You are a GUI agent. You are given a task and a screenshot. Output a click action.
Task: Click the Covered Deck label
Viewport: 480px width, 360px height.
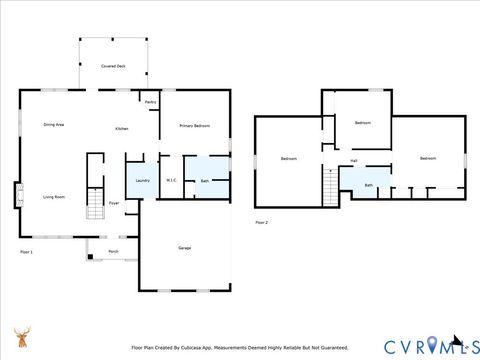coord(113,65)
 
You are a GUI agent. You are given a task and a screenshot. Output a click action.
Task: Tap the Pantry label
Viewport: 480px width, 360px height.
coord(150,102)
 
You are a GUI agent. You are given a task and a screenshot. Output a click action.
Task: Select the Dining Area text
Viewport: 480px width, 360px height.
coord(54,125)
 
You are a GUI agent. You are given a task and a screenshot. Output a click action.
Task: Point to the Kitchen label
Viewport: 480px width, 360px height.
coord(121,129)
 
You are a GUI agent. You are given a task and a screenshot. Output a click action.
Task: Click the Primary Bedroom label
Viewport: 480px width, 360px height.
coord(194,126)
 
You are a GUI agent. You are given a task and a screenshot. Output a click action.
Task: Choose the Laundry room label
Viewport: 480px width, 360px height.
coord(142,180)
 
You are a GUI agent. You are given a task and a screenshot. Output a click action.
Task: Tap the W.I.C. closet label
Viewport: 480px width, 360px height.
coord(171,181)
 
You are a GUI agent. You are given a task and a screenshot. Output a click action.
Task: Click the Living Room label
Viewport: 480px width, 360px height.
coord(54,197)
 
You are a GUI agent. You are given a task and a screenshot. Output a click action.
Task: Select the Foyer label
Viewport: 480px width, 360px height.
coord(115,203)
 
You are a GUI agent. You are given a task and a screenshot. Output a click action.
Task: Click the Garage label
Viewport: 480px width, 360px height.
coord(184,247)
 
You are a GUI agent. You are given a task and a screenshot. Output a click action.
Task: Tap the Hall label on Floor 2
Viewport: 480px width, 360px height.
coord(354,160)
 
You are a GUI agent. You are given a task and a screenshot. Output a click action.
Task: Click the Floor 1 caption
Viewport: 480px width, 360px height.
coord(26,252)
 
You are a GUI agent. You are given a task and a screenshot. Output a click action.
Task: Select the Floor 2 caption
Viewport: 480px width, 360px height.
coord(261,221)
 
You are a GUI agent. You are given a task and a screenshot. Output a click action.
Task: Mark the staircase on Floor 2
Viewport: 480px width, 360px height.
coord(330,185)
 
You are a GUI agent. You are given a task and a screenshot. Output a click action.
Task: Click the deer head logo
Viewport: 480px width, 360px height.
coord(21,337)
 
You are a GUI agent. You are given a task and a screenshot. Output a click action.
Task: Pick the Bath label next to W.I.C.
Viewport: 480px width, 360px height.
coord(204,181)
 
